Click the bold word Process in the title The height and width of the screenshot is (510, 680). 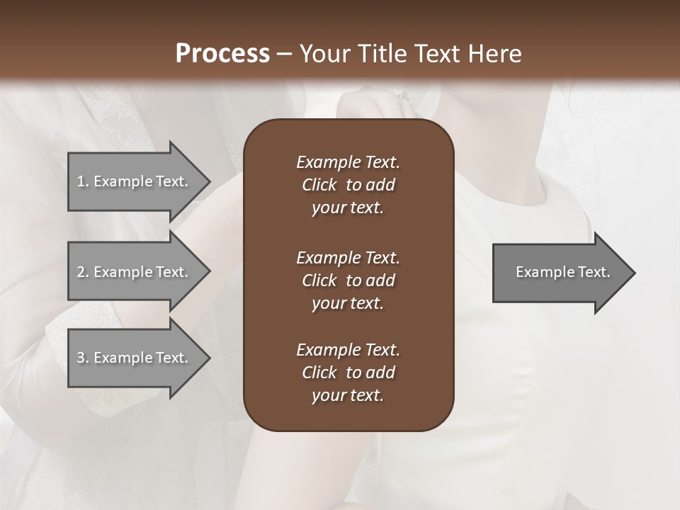222,54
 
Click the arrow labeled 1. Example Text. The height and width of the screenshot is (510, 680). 135,181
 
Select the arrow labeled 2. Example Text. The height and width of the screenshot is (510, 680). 135,272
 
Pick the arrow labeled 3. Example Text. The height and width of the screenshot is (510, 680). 135,358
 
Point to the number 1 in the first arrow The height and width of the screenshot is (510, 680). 81,181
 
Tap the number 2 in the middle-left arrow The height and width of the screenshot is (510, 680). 81,272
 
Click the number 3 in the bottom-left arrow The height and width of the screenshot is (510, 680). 81,358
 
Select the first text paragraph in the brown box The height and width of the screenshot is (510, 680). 348,185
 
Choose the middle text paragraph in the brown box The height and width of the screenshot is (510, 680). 348,280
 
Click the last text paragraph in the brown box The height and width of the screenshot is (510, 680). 348,373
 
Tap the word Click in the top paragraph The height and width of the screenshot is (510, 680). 319,185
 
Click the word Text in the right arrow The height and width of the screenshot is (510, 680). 595,272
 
